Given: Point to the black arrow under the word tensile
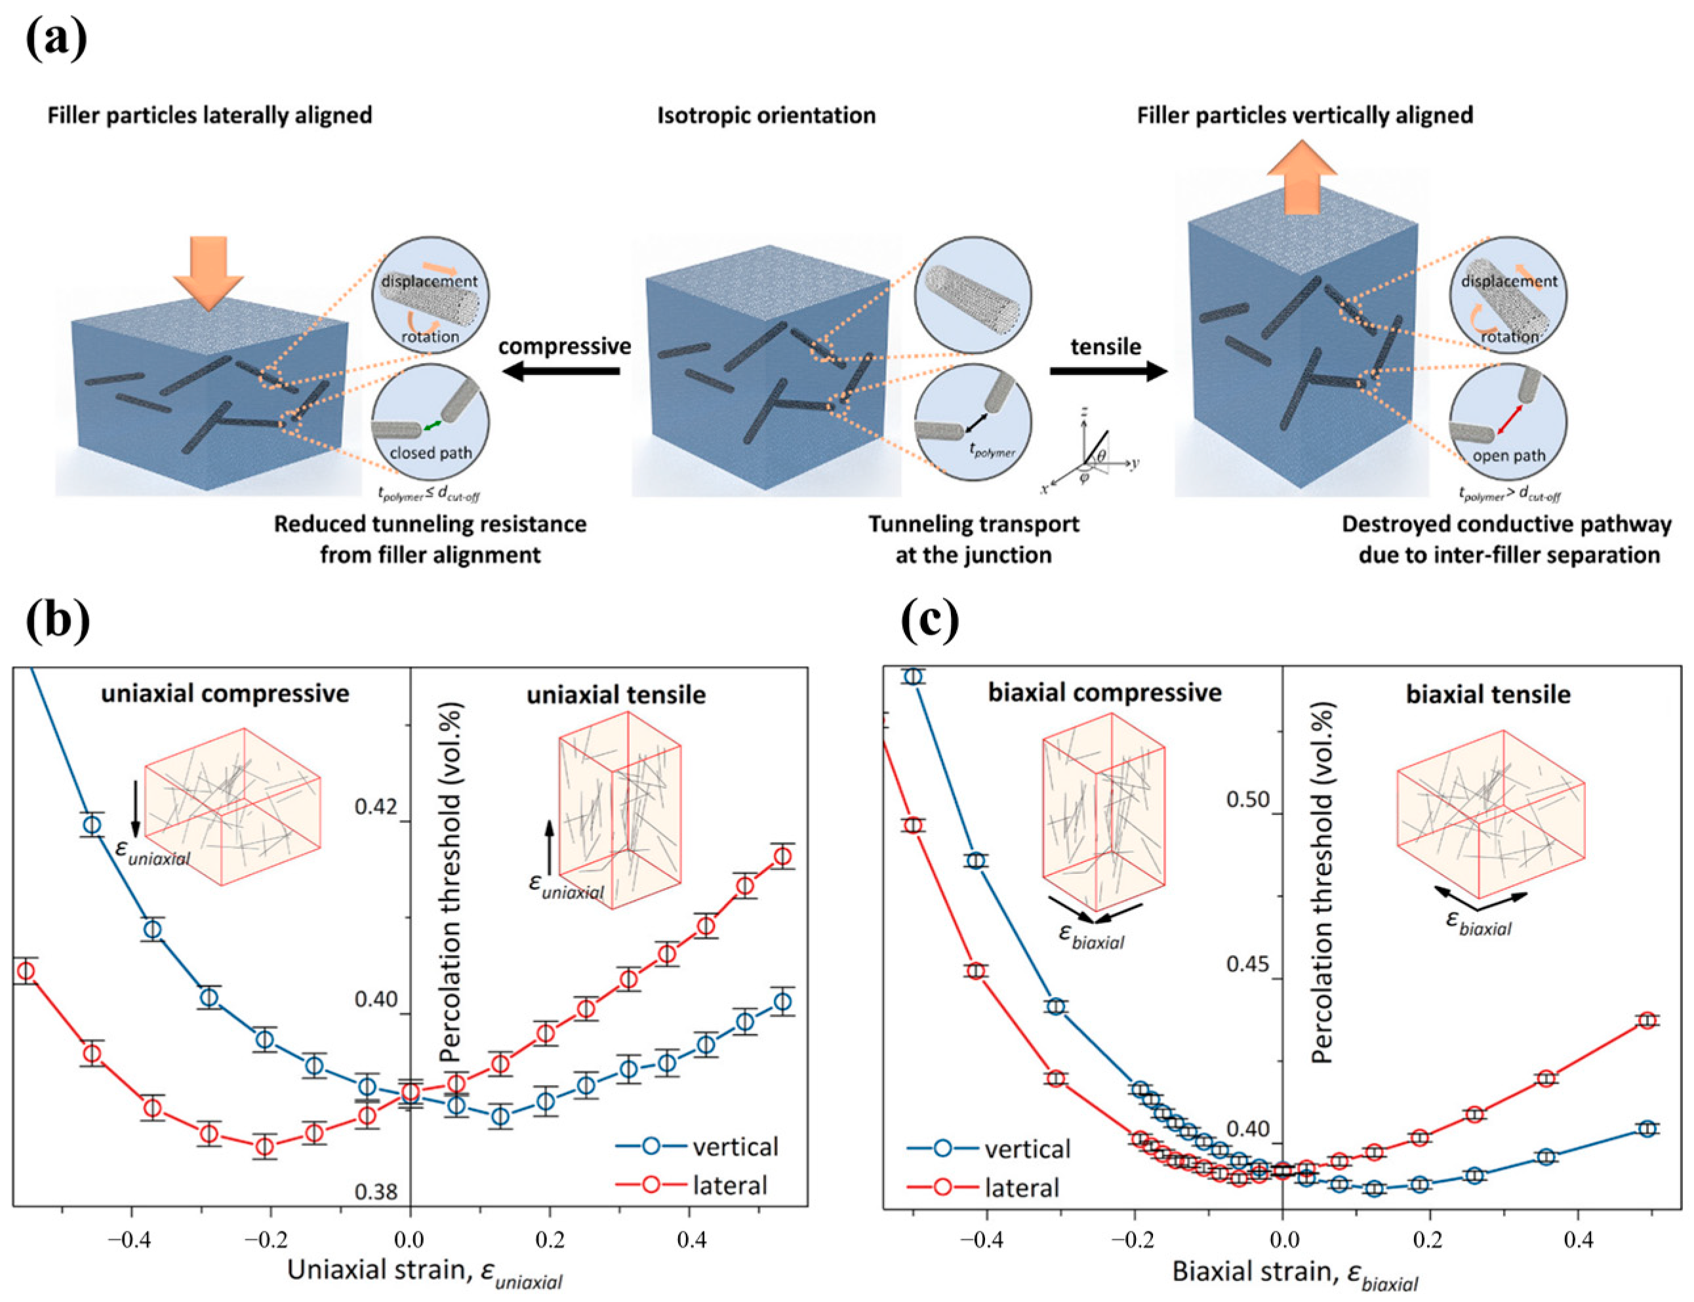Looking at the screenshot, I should point(1108,372).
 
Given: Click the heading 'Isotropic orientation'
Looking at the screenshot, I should point(766,116).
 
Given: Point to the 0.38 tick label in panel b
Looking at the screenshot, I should point(375,1192).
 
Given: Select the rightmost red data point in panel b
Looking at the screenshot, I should point(784,856).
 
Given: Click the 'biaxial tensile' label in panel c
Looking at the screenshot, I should point(1488,694).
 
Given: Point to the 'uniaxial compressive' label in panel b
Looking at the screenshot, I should point(225,693).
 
